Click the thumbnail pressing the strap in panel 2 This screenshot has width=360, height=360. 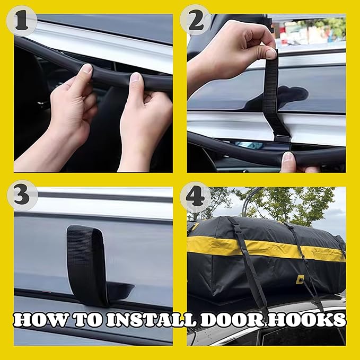[x=271, y=54]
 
